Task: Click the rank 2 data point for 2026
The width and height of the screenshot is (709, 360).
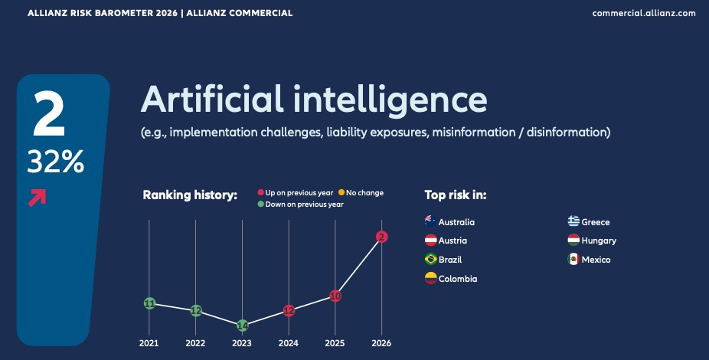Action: click(381, 237)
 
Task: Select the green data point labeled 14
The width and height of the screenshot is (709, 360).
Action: click(243, 326)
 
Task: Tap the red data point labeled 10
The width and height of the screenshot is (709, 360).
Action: click(335, 296)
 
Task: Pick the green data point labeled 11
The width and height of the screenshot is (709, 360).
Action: click(149, 303)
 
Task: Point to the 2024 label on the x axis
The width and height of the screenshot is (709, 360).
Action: click(289, 343)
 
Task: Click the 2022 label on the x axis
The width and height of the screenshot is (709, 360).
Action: click(195, 343)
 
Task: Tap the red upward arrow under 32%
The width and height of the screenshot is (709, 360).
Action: click(37, 198)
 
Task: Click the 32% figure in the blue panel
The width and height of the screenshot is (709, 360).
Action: click(56, 162)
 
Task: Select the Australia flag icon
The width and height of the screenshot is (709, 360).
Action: click(431, 221)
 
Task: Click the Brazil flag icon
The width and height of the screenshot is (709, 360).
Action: click(431, 259)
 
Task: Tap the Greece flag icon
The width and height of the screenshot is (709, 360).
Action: click(573, 221)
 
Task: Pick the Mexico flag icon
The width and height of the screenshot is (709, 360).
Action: click(573, 259)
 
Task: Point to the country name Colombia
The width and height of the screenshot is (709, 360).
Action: click(458, 279)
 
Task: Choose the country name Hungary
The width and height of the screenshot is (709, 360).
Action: click(599, 241)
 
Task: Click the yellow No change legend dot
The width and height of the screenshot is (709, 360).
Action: click(341, 193)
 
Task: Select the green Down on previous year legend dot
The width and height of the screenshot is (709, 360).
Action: click(261, 204)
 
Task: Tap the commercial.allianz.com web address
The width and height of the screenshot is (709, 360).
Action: click(644, 13)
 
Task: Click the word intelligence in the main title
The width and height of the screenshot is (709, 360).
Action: click(390, 100)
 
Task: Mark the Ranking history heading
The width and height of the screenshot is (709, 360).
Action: click(190, 195)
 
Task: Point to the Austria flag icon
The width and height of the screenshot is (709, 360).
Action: click(431, 241)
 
